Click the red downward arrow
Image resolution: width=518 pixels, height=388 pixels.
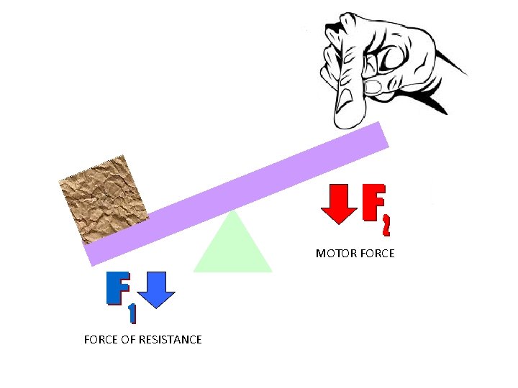(x=339, y=203)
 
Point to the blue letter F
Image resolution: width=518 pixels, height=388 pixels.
(x=117, y=289)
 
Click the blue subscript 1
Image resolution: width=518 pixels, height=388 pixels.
(x=131, y=313)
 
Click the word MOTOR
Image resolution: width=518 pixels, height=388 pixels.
(x=333, y=254)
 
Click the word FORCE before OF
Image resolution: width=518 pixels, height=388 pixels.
(x=100, y=339)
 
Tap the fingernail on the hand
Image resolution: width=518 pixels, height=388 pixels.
(x=374, y=88)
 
